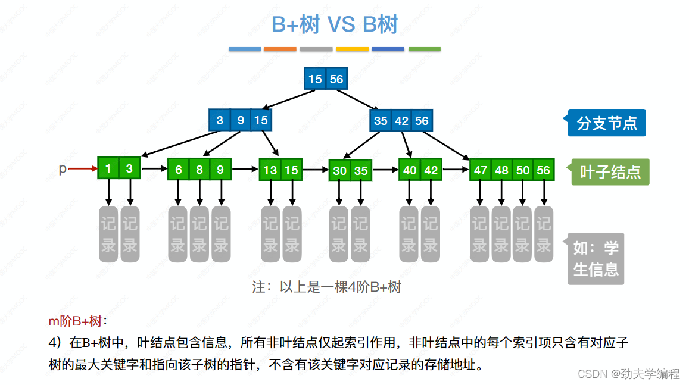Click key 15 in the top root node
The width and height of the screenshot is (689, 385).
point(315,79)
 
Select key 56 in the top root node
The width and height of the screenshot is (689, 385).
point(336,79)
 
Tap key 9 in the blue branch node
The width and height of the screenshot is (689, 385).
point(241,120)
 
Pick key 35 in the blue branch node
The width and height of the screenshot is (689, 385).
point(381,121)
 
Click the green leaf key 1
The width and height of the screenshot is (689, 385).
point(108,169)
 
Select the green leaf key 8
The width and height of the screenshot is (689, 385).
point(199,170)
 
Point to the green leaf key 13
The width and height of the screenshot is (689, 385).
point(270,170)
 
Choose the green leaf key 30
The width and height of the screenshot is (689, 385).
point(339,171)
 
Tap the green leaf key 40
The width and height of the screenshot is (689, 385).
point(410,170)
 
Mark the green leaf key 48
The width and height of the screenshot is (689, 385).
point(501,170)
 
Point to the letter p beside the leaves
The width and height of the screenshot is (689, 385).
point(63,169)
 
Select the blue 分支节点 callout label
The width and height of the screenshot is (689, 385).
point(606,123)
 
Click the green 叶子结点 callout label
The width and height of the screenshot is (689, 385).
point(610,172)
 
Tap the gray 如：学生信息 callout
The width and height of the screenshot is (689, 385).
point(596,258)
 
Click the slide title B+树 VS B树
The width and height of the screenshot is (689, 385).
point(335,24)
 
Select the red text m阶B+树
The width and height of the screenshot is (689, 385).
point(75,322)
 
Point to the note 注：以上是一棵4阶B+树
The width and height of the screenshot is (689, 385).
point(326,287)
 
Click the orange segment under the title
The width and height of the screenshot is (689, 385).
point(280,49)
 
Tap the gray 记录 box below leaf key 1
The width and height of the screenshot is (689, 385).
point(108,234)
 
